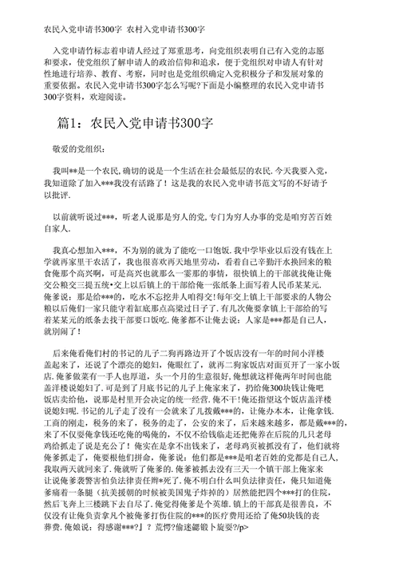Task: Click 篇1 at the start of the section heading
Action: [x=64, y=146]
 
